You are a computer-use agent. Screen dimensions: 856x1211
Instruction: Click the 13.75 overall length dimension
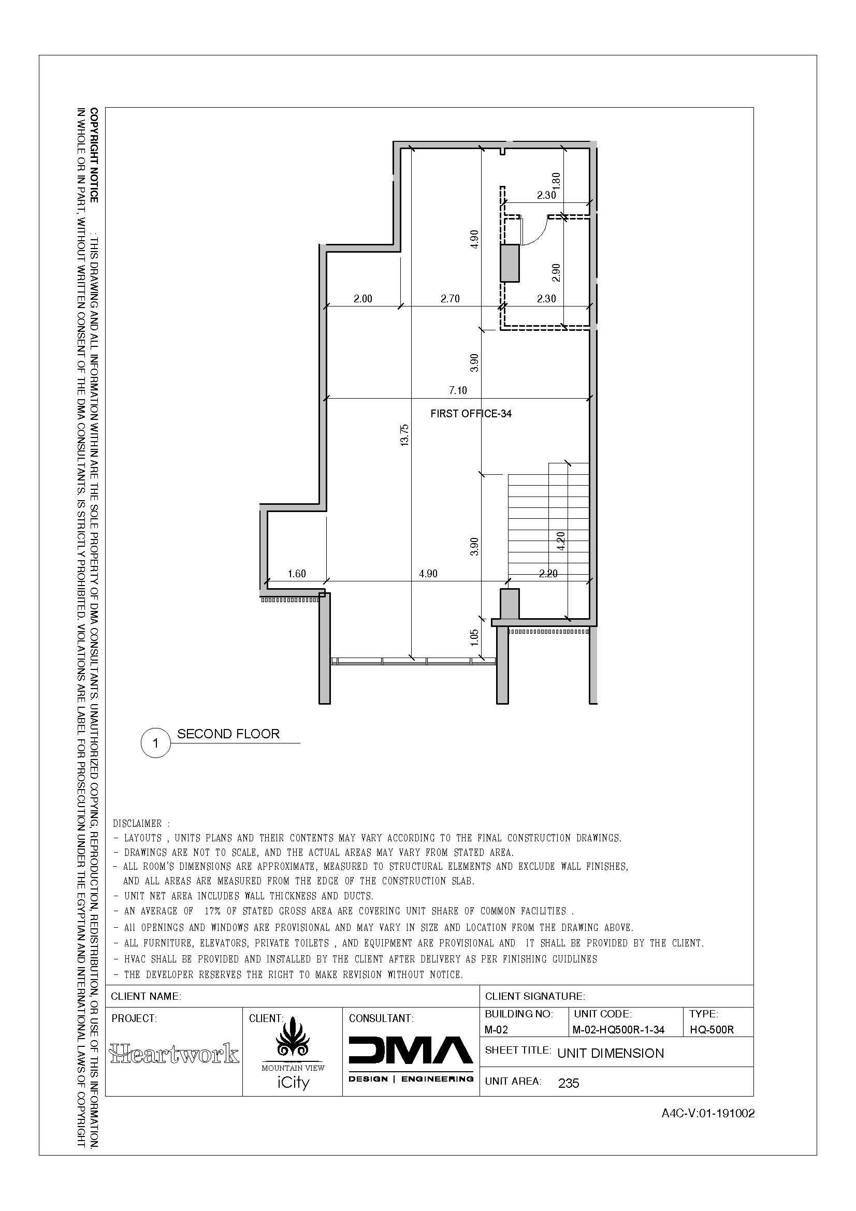click(x=404, y=434)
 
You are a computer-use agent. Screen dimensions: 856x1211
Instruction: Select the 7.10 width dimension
click(x=458, y=390)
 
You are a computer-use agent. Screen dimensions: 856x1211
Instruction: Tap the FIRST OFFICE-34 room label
click(x=471, y=414)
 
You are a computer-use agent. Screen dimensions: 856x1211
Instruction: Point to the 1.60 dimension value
click(x=297, y=573)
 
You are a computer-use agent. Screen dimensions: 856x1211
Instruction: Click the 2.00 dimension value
click(x=363, y=299)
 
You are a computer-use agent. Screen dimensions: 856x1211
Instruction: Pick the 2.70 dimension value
click(x=450, y=299)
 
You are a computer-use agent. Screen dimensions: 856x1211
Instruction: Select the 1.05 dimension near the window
click(x=475, y=637)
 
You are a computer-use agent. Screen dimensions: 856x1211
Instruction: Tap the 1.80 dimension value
click(x=555, y=181)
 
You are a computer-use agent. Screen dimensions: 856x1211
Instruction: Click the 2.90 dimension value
click(x=555, y=272)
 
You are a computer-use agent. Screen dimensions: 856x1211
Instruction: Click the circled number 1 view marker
click(x=155, y=743)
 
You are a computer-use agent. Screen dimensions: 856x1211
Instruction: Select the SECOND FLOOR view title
click(x=228, y=734)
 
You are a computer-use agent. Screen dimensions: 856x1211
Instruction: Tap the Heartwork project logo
click(x=174, y=1053)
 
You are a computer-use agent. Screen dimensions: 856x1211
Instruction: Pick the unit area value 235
click(x=569, y=1083)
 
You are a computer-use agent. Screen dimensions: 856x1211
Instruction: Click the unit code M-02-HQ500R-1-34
click(x=618, y=1030)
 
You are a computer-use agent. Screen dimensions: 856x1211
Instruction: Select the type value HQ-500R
click(x=712, y=1030)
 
